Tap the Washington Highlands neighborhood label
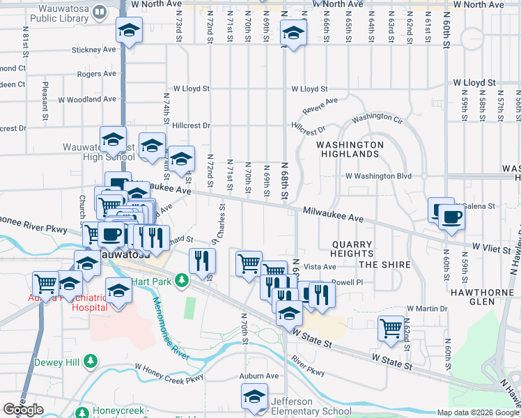[x=350, y=149]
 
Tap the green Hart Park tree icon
[x=182, y=280]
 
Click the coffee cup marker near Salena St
[x=450, y=217]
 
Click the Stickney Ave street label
[x=93, y=50]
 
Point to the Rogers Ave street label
[x=96, y=73]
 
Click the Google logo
[x=23, y=410]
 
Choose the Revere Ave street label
[x=320, y=107]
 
